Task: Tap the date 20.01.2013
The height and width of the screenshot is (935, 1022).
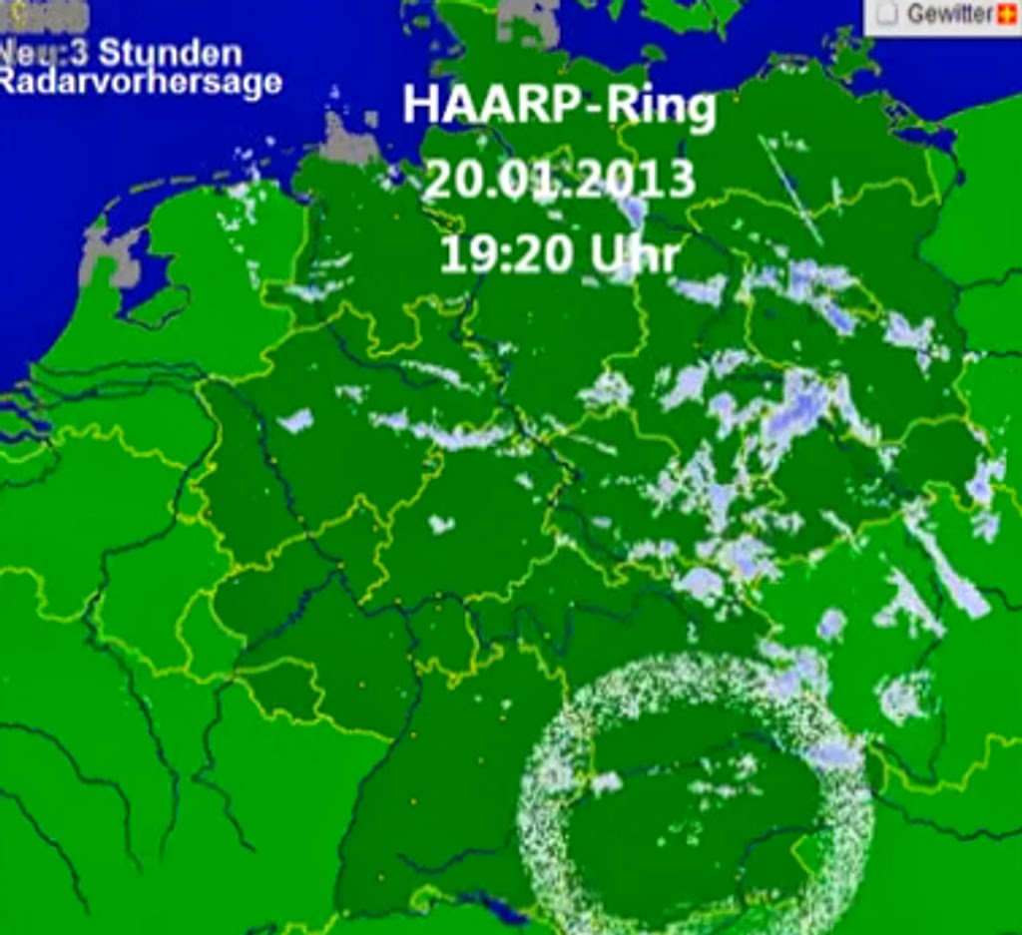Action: coord(559,181)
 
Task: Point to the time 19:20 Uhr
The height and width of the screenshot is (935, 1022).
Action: coord(559,255)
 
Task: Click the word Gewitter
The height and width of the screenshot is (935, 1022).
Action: coord(949,14)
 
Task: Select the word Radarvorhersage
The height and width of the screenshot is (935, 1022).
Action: coord(140,83)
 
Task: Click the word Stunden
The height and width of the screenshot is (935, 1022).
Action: coord(171,53)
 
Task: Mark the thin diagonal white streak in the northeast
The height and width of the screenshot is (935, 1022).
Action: coord(791,191)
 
